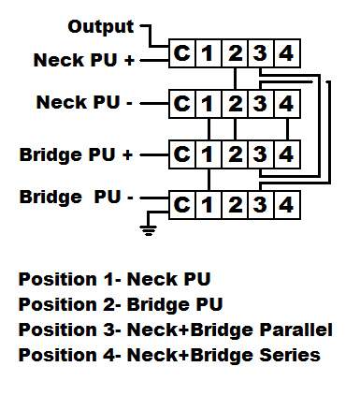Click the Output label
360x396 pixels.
101,27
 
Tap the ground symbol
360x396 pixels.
149,230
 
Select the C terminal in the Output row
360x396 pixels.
182,53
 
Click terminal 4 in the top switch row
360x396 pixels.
287,53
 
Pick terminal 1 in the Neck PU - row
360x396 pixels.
209,104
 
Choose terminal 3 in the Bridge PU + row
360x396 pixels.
261,154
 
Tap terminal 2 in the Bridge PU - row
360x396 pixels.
235,205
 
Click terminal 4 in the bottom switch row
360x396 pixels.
287,205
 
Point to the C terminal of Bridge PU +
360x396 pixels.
182,154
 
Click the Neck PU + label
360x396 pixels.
83,60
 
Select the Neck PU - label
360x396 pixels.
84,102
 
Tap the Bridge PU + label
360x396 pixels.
77,154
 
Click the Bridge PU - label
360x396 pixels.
77,198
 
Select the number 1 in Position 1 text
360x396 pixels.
108,279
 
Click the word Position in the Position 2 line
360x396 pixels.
58,305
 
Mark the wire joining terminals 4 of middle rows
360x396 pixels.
287,129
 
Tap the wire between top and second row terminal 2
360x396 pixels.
235,79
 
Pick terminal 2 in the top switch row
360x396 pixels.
235,53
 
